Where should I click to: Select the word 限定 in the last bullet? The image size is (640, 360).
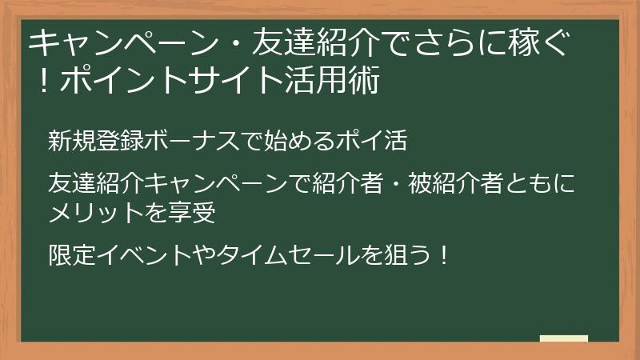(67, 257)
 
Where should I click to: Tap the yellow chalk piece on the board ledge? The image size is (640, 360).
(563, 339)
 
